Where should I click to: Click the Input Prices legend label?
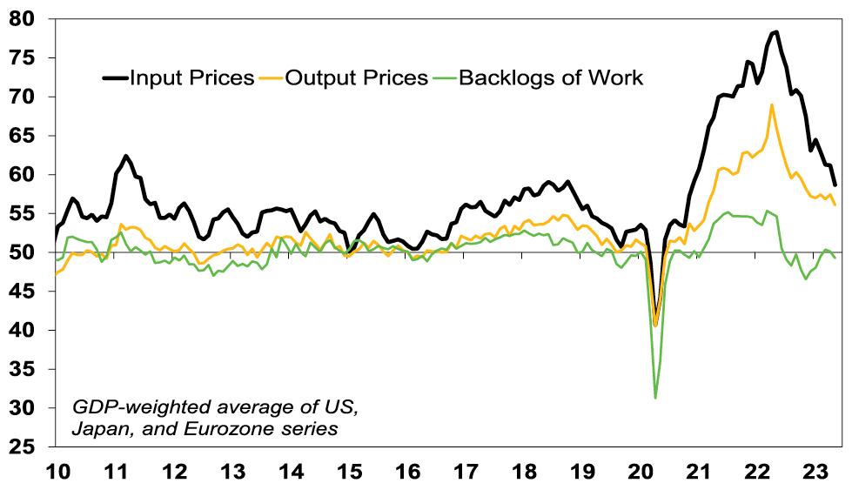[x=191, y=77]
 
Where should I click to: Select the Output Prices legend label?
[x=358, y=77]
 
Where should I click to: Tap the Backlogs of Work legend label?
[x=551, y=77]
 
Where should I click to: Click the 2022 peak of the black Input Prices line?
[x=775, y=32]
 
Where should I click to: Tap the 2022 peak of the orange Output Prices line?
[x=772, y=105]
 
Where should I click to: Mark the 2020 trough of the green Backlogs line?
[x=655, y=398]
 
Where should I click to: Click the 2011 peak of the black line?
[x=126, y=156]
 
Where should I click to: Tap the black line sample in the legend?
[x=114, y=77]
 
